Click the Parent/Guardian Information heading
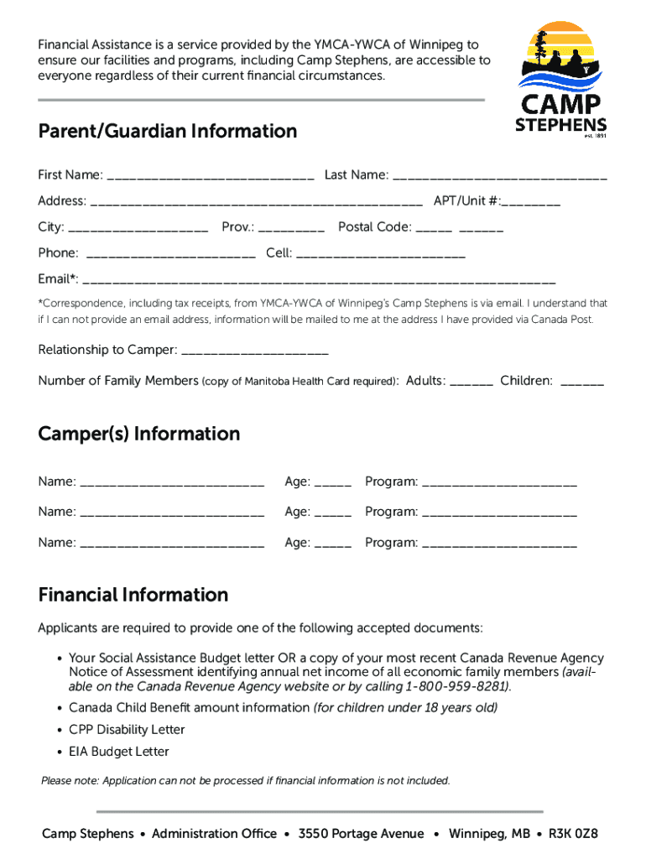pyautogui.click(x=167, y=132)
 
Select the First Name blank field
pyautogui.click(x=211, y=176)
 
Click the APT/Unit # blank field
pyautogui.click(x=533, y=202)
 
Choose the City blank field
pyautogui.click(x=138, y=228)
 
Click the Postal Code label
pyautogui.click(x=374, y=227)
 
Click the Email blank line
pyautogui.click(x=319, y=280)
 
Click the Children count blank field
pyautogui.click(x=581, y=383)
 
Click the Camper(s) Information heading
pyautogui.click(x=139, y=434)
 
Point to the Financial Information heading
pyautogui.click(x=133, y=595)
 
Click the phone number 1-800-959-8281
pyautogui.click(x=456, y=686)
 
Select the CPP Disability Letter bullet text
pyautogui.click(x=127, y=730)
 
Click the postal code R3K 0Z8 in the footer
pyautogui.click(x=573, y=834)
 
